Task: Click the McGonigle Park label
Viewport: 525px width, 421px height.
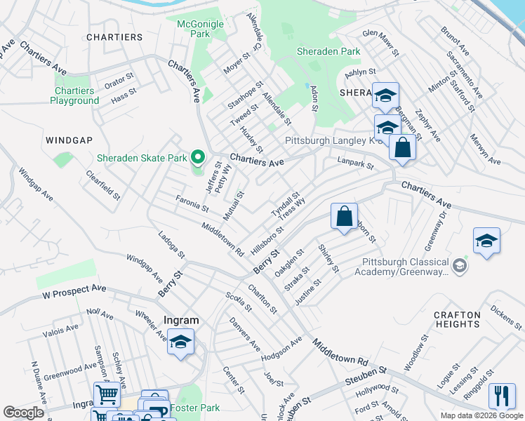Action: pos(200,28)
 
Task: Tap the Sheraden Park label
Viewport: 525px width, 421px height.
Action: pos(328,51)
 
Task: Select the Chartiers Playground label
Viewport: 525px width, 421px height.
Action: pos(74,95)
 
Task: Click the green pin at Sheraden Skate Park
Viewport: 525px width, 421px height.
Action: pos(198,156)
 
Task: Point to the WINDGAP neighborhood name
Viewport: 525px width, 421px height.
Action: pos(69,140)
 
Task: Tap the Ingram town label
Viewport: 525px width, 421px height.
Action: pos(181,320)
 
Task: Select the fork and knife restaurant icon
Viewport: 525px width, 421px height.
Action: pos(501,396)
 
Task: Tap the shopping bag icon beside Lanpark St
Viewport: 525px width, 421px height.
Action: pos(402,147)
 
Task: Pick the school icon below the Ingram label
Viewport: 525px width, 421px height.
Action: pos(180,342)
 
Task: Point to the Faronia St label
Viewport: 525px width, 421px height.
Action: pos(192,204)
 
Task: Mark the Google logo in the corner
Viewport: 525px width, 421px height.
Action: pos(24,413)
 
